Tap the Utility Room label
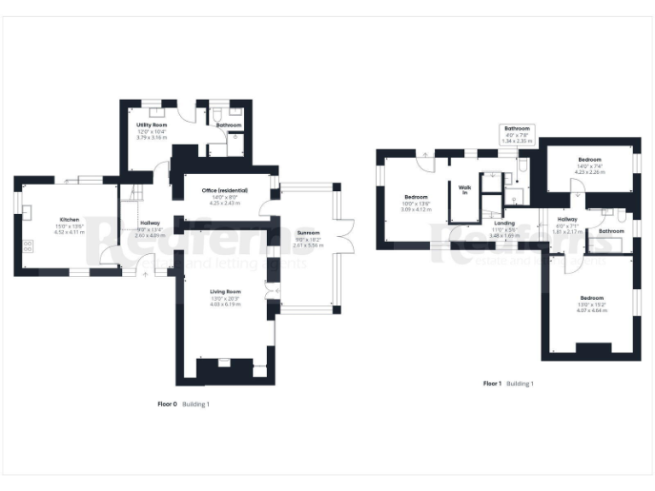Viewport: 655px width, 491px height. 152,125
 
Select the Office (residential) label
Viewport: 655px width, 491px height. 224,190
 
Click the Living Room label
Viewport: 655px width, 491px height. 226,292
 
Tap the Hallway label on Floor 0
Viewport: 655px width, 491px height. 149,222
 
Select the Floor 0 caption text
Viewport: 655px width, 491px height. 167,403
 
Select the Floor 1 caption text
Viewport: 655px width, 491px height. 492,384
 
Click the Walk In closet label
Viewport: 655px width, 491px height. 465,189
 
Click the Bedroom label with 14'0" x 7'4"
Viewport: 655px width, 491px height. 589,159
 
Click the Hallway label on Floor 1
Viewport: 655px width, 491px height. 567,219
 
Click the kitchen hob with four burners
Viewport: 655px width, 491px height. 27,245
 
